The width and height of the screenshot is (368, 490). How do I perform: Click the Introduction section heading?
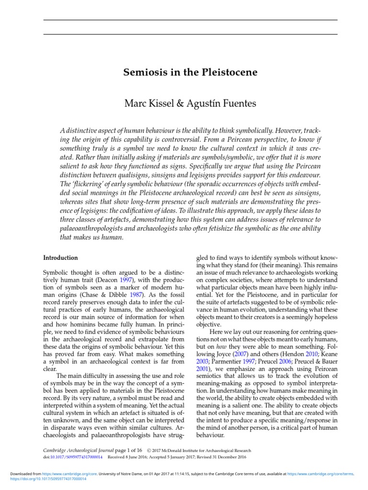61,257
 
